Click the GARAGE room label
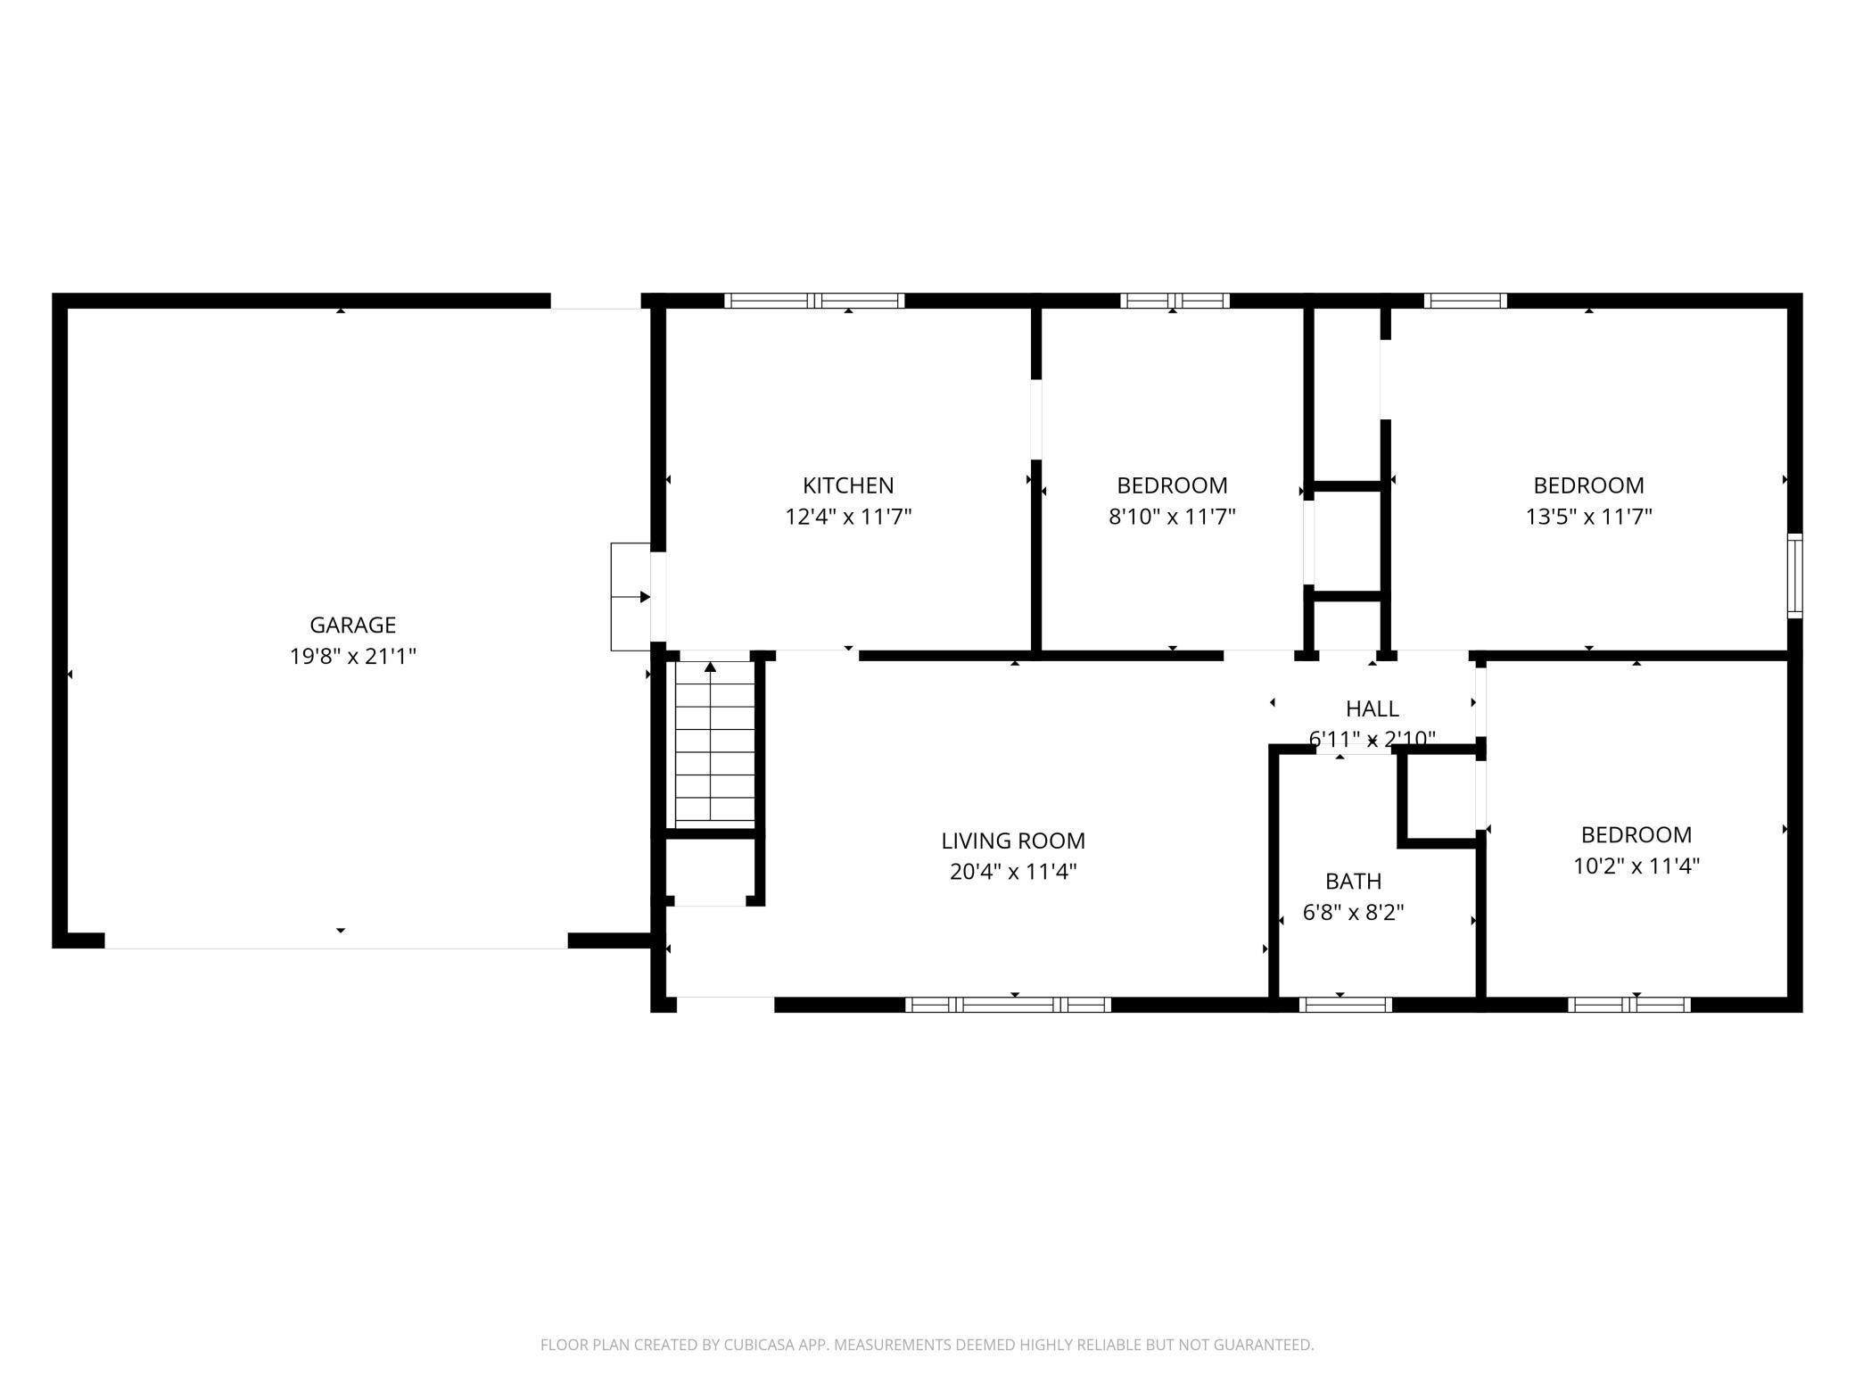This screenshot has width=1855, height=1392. point(352,625)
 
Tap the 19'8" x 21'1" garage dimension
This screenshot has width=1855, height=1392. point(353,657)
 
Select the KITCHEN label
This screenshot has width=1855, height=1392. point(848,485)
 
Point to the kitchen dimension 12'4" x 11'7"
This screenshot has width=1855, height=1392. point(848,517)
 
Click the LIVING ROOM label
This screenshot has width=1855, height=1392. point(1013,841)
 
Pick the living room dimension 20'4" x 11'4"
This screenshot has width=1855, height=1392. point(1013,872)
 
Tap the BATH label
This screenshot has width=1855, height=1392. point(1354,882)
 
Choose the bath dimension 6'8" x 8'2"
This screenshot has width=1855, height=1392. point(1354,913)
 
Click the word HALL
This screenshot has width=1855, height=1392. point(1373,708)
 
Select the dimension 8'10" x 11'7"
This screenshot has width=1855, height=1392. point(1172,517)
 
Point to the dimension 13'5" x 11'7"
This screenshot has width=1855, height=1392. point(1589,517)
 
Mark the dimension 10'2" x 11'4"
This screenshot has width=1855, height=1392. point(1637,866)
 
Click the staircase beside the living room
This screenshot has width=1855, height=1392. point(714,741)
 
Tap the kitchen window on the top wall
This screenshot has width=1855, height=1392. point(814,301)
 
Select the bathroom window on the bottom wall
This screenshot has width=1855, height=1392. point(1345,1005)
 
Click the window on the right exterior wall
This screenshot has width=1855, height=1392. point(1794,576)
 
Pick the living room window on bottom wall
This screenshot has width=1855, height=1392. point(1008,1005)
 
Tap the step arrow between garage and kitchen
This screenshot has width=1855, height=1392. point(631,597)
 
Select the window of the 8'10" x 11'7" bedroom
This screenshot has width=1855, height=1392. point(1175,301)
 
